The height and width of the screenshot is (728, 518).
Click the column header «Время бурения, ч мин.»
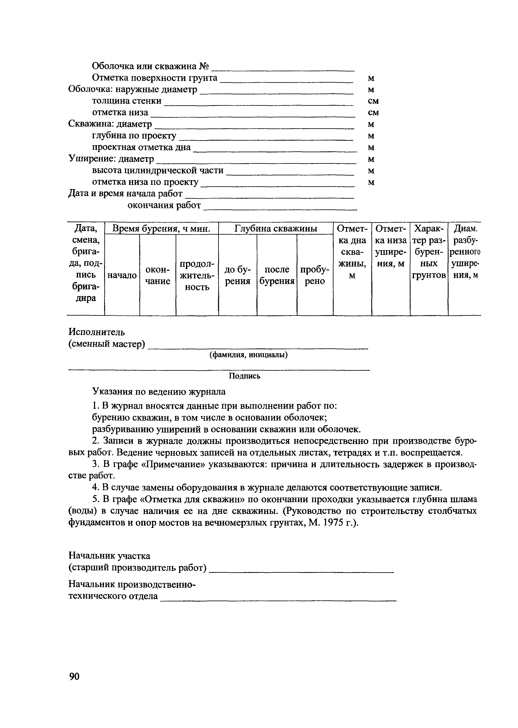tap(162, 229)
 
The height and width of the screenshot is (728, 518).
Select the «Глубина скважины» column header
tap(276, 229)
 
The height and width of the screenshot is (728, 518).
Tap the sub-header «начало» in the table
tap(122, 275)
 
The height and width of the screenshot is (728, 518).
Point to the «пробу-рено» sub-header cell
tap(315, 275)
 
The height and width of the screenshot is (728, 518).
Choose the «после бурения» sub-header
tap(277, 275)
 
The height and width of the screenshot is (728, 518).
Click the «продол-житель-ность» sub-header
tap(197, 275)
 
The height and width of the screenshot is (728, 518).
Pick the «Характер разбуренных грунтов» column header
tap(429, 252)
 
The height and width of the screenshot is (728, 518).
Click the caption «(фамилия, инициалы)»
tap(249, 355)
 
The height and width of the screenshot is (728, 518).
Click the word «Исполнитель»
tap(97, 332)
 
